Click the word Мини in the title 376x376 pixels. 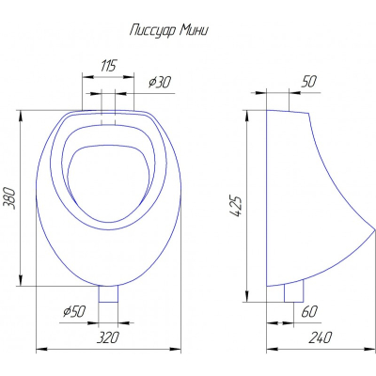point(195,30)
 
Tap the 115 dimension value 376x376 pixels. point(108,66)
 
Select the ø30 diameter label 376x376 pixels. point(160,82)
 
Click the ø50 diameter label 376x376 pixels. point(74,311)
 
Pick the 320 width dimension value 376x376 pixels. point(108,337)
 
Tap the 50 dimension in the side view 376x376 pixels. point(309,82)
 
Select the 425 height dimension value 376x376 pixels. point(236,206)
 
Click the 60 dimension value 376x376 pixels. point(309,311)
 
